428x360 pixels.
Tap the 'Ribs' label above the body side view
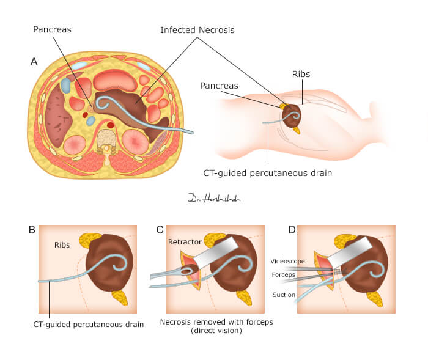301,74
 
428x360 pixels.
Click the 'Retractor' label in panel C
185,242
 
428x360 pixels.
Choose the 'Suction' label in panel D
284,295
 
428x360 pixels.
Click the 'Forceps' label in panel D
284,275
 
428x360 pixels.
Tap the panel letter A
34,61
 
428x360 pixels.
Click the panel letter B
32,230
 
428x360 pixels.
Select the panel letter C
160,230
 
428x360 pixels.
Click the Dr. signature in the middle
206,198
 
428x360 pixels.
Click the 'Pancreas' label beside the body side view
219,86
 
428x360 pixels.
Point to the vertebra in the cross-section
108,140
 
